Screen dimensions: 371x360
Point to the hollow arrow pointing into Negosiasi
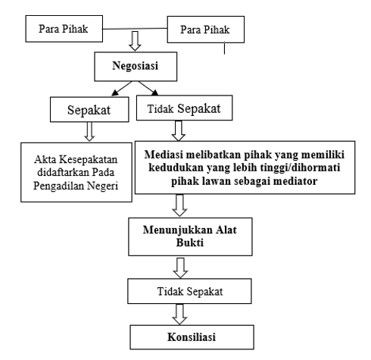[135, 41]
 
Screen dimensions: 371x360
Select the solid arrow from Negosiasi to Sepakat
[122, 89]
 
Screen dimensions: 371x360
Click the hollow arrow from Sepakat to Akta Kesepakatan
[89, 132]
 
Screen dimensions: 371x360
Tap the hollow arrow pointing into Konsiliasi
[179, 315]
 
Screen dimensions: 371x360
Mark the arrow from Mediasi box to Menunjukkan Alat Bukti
[179, 205]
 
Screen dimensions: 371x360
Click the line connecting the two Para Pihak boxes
[135, 29]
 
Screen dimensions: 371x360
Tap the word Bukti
[190, 243]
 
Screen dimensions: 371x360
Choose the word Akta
[45, 159]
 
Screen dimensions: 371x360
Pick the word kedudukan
[176, 167]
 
